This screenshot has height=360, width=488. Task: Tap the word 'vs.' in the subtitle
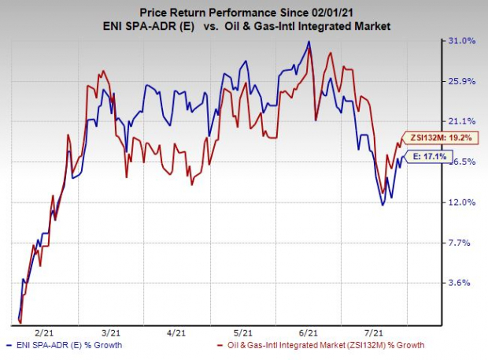[x=224, y=27]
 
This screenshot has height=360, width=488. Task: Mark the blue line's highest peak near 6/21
[x=309, y=41]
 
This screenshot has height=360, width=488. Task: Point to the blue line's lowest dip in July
[x=383, y=205]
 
